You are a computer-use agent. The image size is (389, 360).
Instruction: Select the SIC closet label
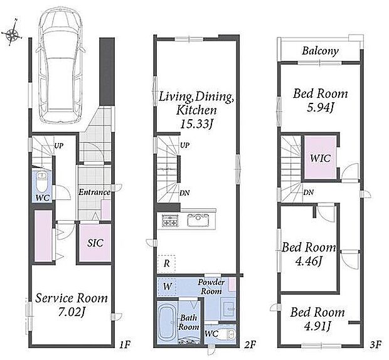point(95,243)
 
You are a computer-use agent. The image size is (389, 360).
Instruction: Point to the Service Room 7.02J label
point(71,305)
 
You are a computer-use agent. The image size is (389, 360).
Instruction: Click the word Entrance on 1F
point(94,192)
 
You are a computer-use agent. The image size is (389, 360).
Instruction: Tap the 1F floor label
point(124,344)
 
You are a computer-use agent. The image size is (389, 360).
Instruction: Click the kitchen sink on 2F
point(198,220)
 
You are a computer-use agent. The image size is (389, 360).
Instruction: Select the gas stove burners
point(170,220)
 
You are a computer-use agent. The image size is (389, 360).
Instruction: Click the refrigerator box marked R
point(166,263)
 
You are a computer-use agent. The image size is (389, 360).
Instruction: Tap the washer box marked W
point(168,287)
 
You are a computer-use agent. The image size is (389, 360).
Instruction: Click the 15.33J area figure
point(196,124)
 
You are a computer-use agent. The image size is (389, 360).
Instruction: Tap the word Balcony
point(320,51)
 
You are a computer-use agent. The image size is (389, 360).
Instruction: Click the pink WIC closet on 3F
point(320,157)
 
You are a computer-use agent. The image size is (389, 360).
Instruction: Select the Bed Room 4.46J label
point(309,254)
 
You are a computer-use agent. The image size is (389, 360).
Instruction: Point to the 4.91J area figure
point(318,326)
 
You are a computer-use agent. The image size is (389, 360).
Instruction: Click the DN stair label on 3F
point(308,192)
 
